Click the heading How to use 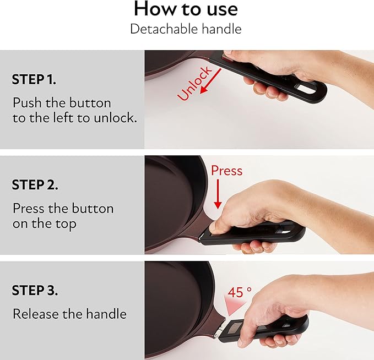(186, 9)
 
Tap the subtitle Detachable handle (186, 29)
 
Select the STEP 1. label (34, 79)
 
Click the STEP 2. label (35, 185)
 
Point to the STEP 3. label (35, 291)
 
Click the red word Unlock (194, 83)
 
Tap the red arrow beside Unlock (210, 81)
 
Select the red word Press (226, 171)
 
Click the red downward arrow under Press (218, 194)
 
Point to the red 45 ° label (240, 292)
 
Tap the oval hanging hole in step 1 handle (306, 89)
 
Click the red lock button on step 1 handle (225, 58)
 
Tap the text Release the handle (69, 314)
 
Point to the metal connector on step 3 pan (219, 329)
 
